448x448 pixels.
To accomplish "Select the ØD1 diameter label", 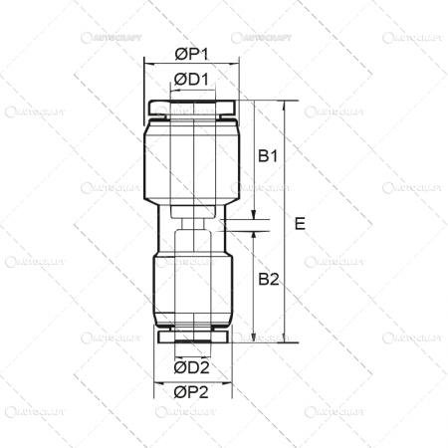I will (191, 79).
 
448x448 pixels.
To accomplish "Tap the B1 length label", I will (268, 156).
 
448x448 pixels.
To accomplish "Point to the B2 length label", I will (268, 280).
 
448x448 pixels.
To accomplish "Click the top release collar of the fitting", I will (191, 106).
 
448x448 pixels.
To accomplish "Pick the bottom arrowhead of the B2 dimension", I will (255, 337).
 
